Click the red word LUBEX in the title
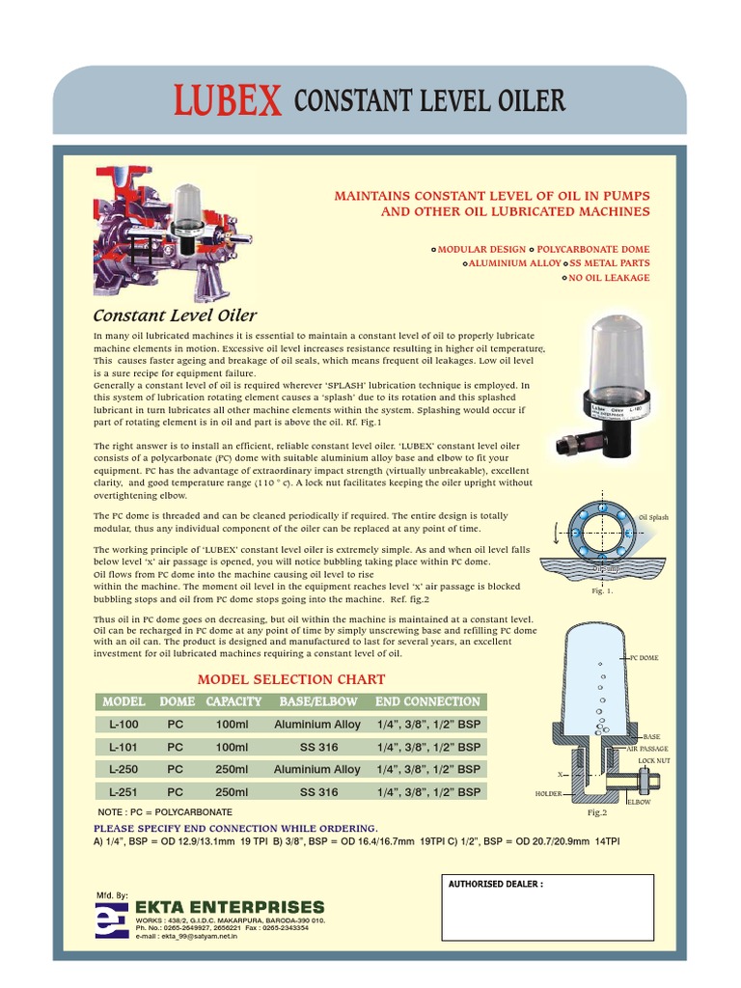click(228, 101)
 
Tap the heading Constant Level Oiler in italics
click(174, 316)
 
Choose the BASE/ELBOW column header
click(317, 701)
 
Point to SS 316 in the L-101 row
click(318, 747)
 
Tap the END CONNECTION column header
click(427, 701)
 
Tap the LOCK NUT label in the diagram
click(653, 761)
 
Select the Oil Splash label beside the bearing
click(652, 518)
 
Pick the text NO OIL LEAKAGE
click(608, 278)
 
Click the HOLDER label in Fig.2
click(548, 793)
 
